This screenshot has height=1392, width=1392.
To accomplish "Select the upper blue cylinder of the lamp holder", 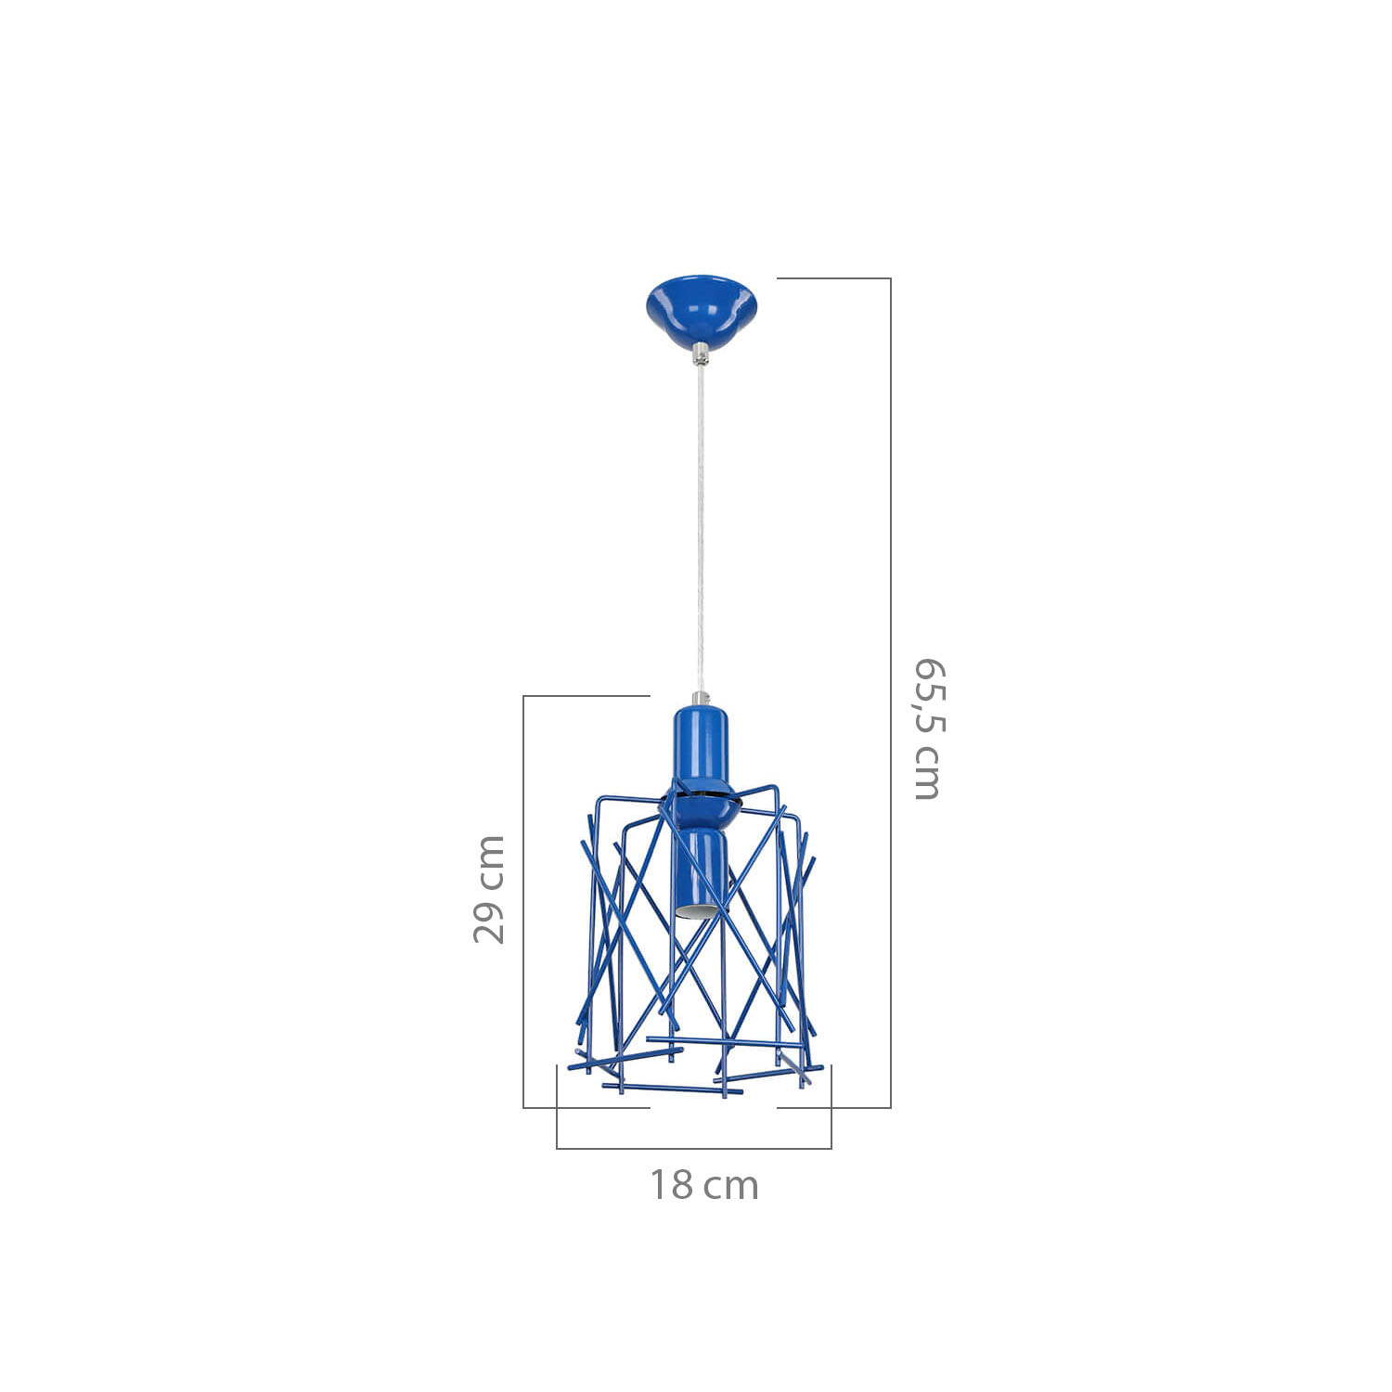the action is click(701, 747).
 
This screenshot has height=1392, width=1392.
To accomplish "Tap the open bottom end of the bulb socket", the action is click(698, 910).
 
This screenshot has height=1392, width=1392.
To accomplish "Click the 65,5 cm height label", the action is click(928, 729).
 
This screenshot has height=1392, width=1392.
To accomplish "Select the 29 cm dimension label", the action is click(489, 889).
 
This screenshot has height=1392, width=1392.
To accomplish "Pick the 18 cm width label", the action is click(703, 1185).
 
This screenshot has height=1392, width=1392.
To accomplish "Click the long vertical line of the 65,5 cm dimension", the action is click(891, 692).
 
